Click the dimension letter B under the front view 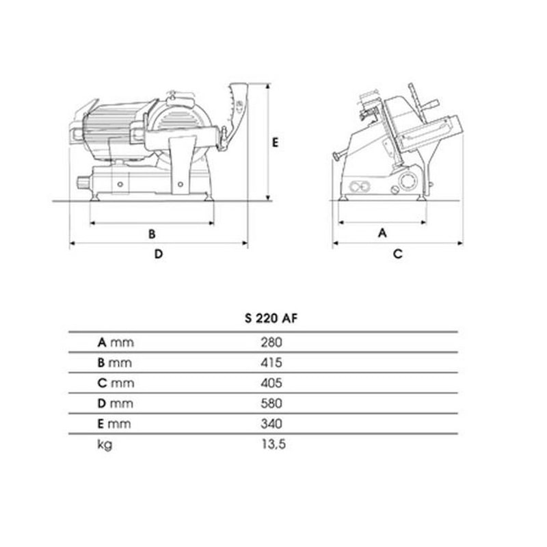click(x=152, y=233)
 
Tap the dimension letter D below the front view click(x=158, y=254)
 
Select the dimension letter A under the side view click(x=382, y=232)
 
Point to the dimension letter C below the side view click(x=397, y=254)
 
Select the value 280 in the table click(x=271, y=342)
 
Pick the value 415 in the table click(x=271, y=362)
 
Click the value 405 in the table click(x=271, y=383)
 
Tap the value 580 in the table click(x=271, y=403)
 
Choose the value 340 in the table click(x=271, y=424)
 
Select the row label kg click(x=105, y=445)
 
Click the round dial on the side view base click(x=408, y=183)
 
